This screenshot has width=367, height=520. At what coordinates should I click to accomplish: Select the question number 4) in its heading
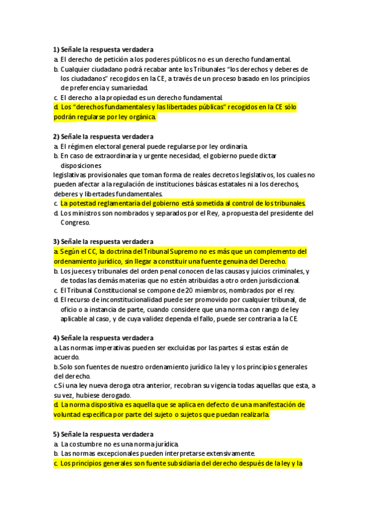coord(56,338)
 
